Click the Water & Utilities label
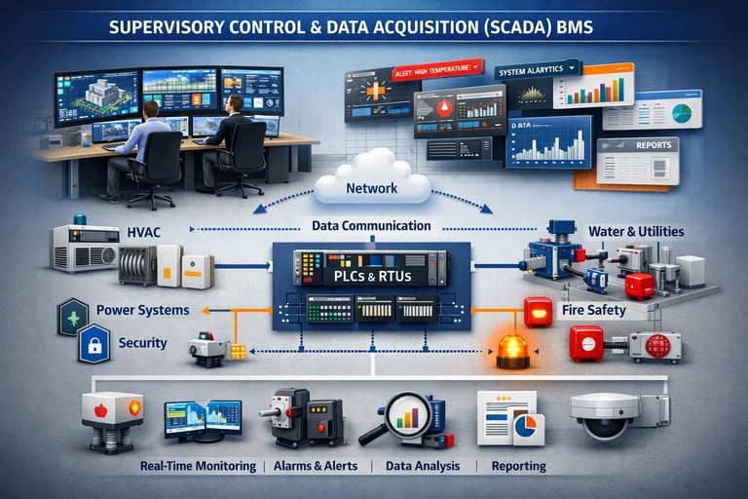(x=636, y=232)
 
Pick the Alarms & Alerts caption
(x=316, y=466)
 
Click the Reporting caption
(x=519, y=466)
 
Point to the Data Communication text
(x=371, y=225)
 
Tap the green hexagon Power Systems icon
(x=74, y=317)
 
